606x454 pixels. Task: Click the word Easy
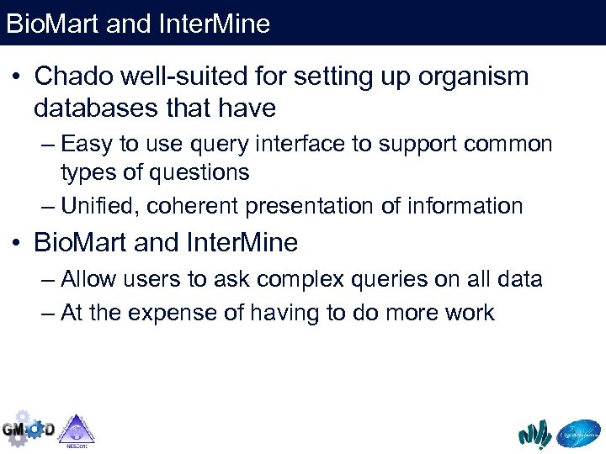click(86, 145)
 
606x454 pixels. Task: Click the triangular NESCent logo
click(76, 429)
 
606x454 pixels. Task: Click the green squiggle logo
click(534, 434)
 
